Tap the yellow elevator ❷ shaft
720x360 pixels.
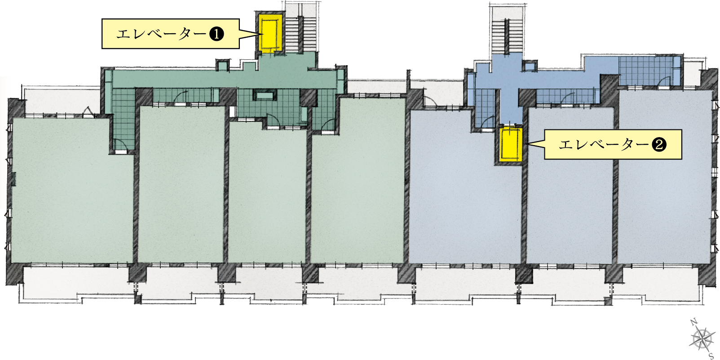click(511, 144)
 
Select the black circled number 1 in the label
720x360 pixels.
click(216, 34)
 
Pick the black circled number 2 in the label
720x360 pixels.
click(659, 145)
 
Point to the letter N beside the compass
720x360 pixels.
click(693, 322)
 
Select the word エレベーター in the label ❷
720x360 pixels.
click(604, 145)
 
